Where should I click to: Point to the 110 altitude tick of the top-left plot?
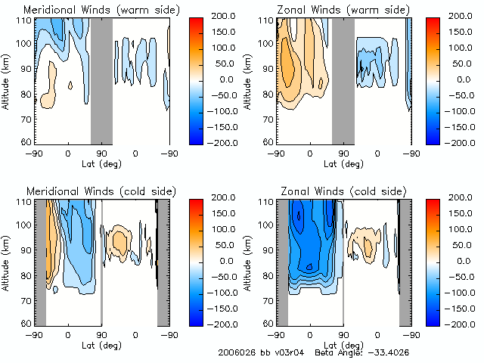tap(26, 20)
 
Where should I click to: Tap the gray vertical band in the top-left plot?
tap(101, 79)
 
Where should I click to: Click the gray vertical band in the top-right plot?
tap(343, 79)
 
